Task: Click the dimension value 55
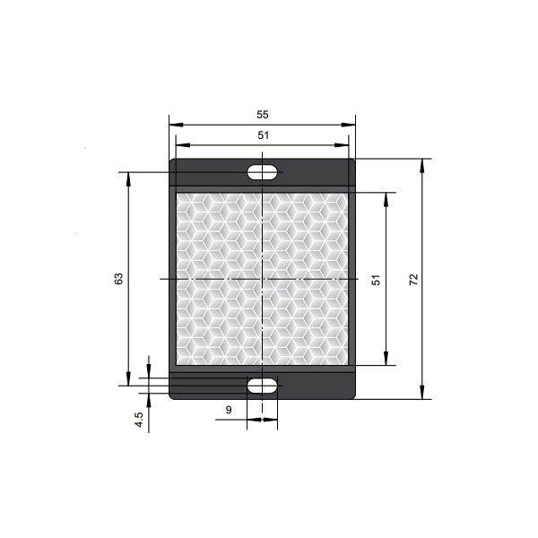[263, 115]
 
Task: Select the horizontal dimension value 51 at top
[263, 135]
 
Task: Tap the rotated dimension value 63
[118, 279]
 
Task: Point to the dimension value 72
[413, 279]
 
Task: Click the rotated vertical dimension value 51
[376, 280]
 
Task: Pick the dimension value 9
[229, 410]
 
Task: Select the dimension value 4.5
[139, 420]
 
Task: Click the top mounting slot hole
[262, 172]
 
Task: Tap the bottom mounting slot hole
[262, 386]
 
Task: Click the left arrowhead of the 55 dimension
[176, 125]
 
